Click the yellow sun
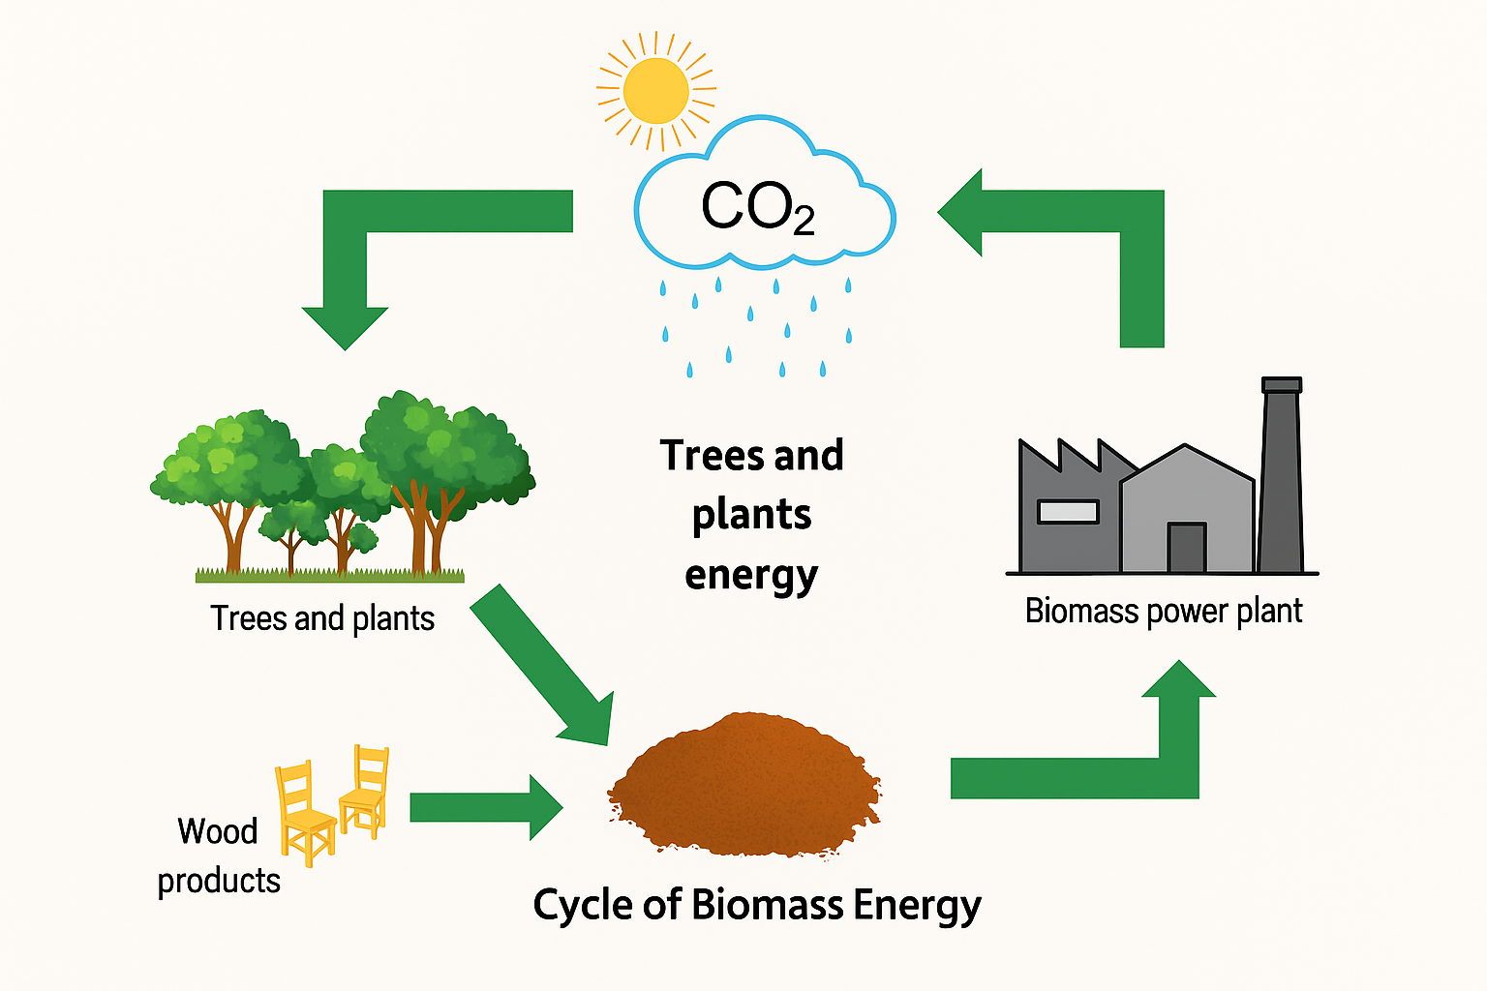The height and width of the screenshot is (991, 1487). [x=656, y=91]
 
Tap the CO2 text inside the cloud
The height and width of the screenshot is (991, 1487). [x=757, y=207]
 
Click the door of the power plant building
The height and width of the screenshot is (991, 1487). [x=1186, y=548]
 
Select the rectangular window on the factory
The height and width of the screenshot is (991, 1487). [x=1068, y=511]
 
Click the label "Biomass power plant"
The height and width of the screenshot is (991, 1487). [x=1163, y=612]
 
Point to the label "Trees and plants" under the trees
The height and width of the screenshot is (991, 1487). [x=322, y=618]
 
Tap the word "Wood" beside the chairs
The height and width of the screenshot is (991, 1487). [x=218, y=831]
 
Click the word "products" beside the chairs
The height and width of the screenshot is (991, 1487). [x=219, y=881]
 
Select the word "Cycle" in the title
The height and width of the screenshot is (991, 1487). [x=583, y=905]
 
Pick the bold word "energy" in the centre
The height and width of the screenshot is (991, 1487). [x=751, y=576]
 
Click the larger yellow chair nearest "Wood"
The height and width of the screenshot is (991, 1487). [x=305, y=815]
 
